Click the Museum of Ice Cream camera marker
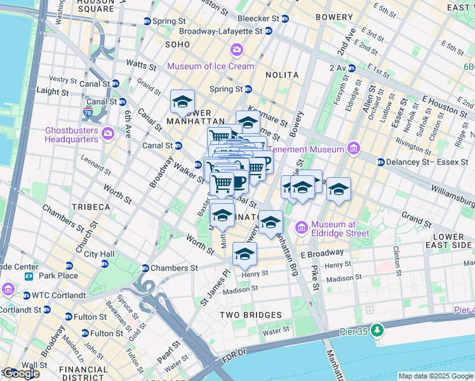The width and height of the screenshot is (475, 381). click(x=237, y=50)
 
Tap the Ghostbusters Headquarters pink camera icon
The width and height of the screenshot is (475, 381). click(x=107, y=133)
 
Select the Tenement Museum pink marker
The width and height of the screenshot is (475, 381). click(x=354, y=150)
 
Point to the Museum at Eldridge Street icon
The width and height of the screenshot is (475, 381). click(x=301, y=227)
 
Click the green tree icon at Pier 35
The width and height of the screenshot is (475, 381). click(x=377, y=330)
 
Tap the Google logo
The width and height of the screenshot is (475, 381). click(x=20, y=374)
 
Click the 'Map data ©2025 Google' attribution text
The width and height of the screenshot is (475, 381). click(x=436, y=376)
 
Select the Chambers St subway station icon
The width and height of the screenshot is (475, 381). click(x=145, y=268)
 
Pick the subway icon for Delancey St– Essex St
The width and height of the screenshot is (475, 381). click(x=380, y=162)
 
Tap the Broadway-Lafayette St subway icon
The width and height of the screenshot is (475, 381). click(x=269, y=30)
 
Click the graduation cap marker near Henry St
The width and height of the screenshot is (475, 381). click(x=244, y=255)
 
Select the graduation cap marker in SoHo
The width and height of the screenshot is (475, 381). click(x=182, y=102)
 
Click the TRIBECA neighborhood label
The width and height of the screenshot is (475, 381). click(x=91, y=207)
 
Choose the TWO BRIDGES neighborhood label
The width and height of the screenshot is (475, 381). click(x=251, y=315)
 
